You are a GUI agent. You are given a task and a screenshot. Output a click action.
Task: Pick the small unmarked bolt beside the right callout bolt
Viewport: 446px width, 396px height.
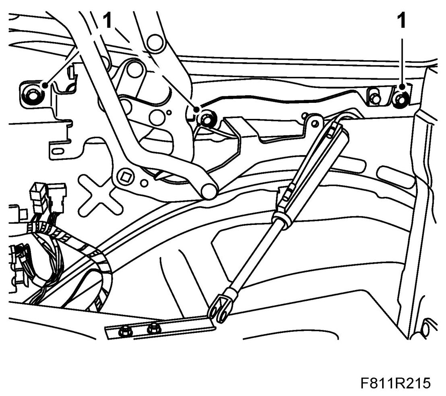376,98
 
